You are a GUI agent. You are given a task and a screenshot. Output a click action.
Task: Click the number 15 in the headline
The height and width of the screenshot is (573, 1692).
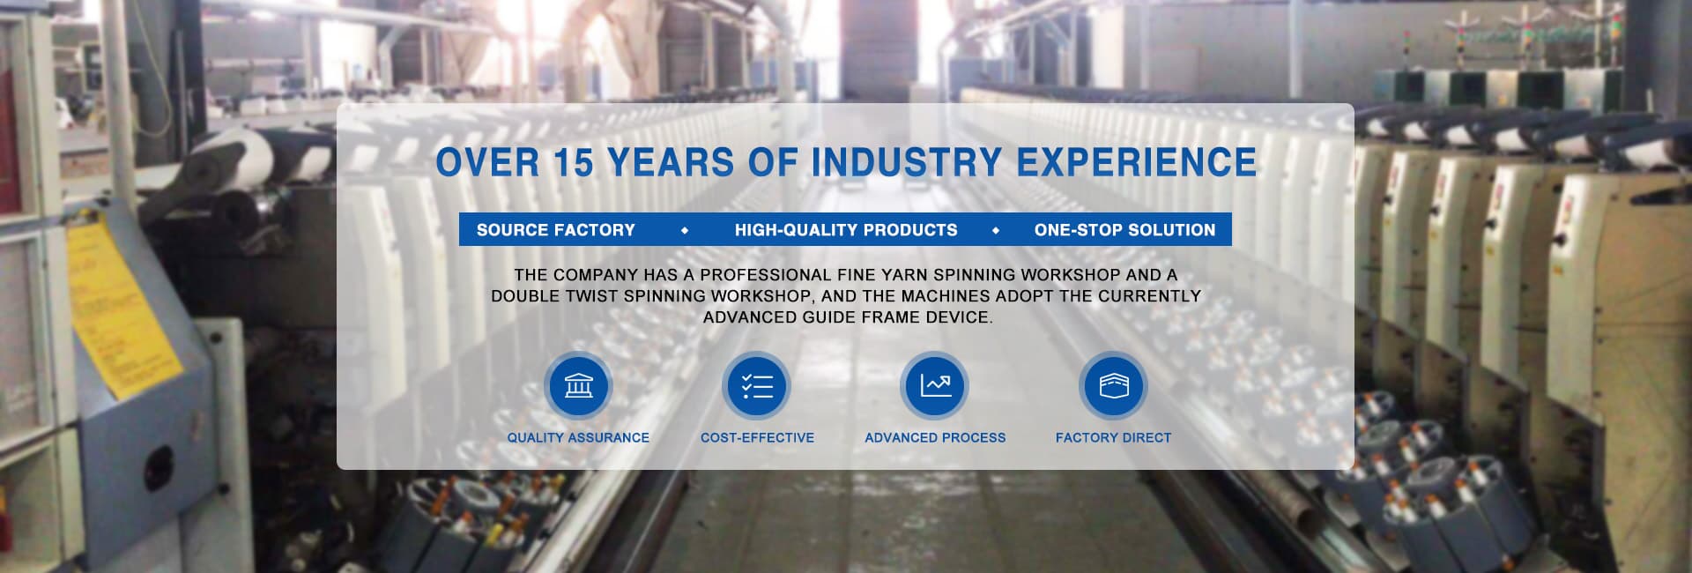[x=576, y=163]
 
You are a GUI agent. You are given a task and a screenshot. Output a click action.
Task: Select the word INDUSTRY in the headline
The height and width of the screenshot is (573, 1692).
[x=907, y=163]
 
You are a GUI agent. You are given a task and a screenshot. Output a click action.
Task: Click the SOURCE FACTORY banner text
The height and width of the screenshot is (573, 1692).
[x=555, y=230]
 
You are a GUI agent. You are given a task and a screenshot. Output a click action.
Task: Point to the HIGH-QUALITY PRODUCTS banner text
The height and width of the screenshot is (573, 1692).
[x=846, y=230]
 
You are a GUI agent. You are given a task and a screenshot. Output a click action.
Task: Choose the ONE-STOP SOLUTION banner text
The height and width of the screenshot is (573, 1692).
[x=1124, y=230]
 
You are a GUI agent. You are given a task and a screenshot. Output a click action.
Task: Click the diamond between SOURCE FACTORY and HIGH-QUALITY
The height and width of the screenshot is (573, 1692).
[x=685, y=231]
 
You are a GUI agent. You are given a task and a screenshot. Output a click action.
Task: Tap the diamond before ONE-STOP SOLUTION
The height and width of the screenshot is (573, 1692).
[x=996, y=231]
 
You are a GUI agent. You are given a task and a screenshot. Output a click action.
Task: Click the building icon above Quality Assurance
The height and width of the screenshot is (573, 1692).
[x=578, y=386]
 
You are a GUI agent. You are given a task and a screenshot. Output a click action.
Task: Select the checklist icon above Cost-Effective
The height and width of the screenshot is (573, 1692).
[x=757, y=386]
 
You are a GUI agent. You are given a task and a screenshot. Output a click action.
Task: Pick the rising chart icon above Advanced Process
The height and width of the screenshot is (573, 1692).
[x=935, y=386]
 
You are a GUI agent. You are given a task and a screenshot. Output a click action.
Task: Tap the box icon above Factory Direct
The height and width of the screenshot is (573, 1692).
[x=1113, y=386]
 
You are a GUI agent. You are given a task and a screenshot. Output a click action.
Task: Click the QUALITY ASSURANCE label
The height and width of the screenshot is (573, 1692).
[x=578, y=437]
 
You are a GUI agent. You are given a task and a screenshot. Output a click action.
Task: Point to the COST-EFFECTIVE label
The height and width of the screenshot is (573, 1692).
[x=757, y=437]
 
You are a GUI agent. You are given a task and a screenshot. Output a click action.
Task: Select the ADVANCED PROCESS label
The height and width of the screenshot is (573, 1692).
[x=935, y=437]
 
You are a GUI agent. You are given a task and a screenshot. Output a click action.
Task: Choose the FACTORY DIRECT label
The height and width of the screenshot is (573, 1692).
[x=1113, y=437]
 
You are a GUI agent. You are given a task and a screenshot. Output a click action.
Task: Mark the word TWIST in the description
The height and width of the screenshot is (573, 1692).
[x=591, y=296]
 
